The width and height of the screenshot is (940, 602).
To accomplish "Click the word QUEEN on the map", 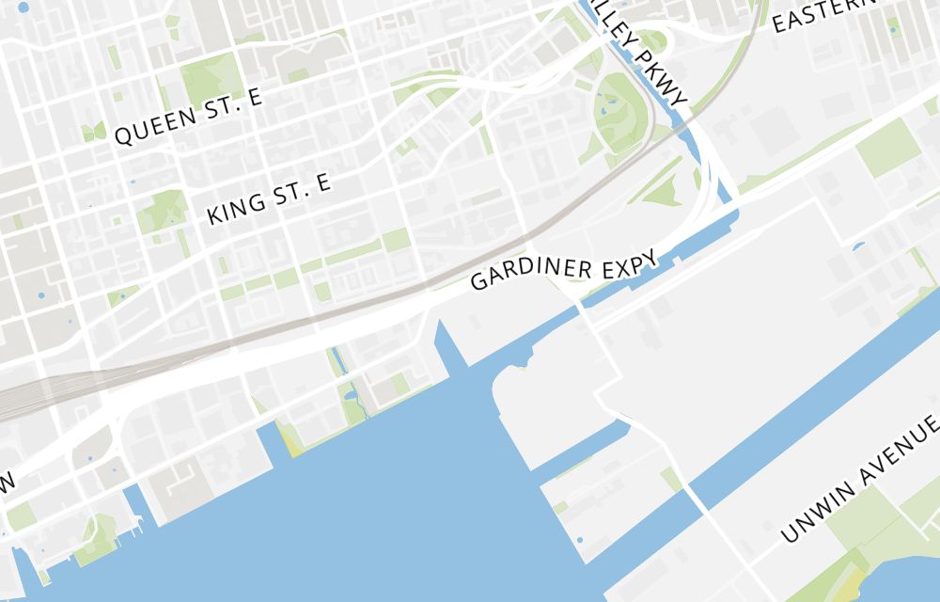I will (x=156, y=128).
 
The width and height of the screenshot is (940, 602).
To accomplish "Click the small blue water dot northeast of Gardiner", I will (x=857, y=247).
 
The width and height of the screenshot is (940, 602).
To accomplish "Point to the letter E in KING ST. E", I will (x=323, y=183).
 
